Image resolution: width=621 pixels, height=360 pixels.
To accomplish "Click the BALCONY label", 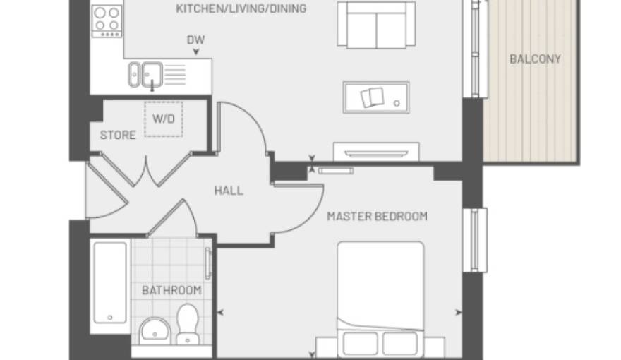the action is (x=535, y=59).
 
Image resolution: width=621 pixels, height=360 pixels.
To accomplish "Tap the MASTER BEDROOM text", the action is (x=377, y=216).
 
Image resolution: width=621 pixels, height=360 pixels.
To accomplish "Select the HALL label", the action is (x=229, y=191).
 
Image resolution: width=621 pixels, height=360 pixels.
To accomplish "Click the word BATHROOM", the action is (x=171, y=290).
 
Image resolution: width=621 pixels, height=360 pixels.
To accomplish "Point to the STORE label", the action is (x=118, y=135).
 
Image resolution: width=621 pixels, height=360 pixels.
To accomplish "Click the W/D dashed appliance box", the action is (x=164, y=119).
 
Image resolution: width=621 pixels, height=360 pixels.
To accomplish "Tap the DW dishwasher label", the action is (x=195, y=40).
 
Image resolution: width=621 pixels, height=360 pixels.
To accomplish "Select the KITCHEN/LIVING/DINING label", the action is (x=241, y=8).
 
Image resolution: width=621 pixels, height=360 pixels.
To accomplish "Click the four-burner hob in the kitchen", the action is (x=107, y=21).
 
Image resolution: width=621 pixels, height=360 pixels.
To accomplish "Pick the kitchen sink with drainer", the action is (x=157, y=74).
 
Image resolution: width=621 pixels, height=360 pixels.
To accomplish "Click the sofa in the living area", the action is (x=376, y=25).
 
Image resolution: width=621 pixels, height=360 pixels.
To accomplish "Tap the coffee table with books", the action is (x=376, y=97).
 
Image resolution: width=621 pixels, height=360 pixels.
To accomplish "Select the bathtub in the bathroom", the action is (x=110, y=283).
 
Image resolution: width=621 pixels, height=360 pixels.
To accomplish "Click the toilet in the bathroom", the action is (x=187, y=323).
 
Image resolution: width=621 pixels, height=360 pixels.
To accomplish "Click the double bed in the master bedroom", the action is (x=380, y=299).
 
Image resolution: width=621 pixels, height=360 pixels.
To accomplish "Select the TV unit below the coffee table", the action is (x=376, y=152).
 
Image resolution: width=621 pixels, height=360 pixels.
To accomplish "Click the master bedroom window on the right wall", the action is (x=475, y=240).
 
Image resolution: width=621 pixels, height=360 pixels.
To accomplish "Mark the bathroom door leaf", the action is (x=166, y=218).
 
